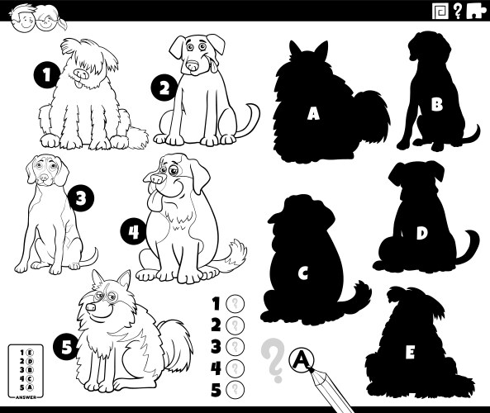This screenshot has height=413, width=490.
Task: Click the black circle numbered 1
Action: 48,77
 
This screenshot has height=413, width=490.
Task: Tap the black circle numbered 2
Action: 164,88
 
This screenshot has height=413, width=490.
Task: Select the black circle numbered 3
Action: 80,198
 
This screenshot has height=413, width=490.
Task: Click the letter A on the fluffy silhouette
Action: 312,114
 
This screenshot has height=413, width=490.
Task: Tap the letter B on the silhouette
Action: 436,104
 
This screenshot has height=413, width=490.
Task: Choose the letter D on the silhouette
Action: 421,233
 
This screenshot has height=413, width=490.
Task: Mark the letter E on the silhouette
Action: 410,353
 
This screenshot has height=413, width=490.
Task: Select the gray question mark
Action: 272,358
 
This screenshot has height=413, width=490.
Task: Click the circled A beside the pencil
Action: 302,358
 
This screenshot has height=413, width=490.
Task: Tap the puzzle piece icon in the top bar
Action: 475,10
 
